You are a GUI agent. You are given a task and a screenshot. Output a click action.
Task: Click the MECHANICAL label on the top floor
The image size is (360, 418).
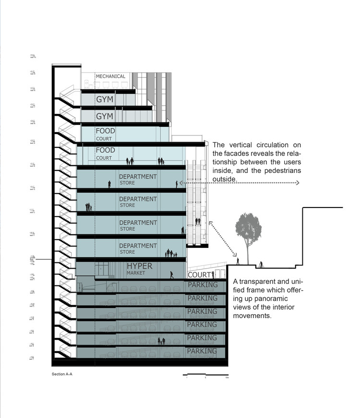point(110,76)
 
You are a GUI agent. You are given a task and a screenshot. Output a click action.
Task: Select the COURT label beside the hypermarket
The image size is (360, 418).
point(199,275)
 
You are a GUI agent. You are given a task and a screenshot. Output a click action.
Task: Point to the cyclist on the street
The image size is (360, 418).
point(261,264)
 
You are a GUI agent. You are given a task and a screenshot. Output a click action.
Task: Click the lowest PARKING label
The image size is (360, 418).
point(202,351)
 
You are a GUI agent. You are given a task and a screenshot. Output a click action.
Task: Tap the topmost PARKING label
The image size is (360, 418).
point(202,285)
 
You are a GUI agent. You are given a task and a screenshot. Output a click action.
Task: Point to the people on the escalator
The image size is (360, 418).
point(197,221)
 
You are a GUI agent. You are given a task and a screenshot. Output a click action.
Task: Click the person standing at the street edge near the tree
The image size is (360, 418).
point(238,261)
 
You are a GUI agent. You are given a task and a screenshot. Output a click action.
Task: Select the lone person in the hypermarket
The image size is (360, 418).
point(172,275)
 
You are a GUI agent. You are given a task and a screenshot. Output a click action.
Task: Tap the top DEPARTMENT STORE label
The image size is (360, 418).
point(138,179)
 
